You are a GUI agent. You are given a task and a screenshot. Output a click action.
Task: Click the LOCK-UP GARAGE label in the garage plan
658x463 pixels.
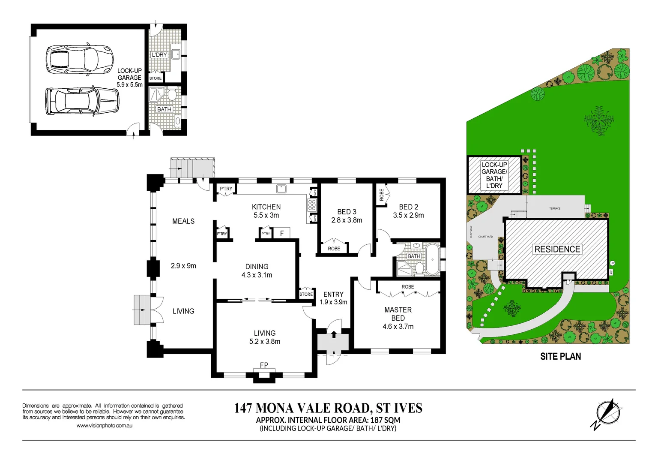[129, 74]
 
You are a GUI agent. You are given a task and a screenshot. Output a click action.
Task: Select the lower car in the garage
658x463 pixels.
[82, 101]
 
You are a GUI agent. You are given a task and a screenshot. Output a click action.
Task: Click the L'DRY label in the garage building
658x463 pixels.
[159, 55]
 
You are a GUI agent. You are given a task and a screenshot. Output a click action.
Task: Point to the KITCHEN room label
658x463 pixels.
[266, 207]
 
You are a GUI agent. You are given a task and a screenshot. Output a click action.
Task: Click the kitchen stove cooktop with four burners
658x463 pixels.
[311, 205]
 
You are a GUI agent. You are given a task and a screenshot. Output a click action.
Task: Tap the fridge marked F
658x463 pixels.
[282, 234]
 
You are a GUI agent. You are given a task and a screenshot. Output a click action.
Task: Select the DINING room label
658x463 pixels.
[257, 267]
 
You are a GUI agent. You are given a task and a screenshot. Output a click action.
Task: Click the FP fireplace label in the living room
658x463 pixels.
[264, 365]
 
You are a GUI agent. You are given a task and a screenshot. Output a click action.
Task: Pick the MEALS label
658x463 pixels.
[183, 221]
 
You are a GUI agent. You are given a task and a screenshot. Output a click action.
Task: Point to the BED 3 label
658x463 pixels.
[347, 212]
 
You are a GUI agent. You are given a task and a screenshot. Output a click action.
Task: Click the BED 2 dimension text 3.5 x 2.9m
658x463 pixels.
[408, 216]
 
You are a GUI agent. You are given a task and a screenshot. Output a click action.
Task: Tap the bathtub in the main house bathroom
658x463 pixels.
[432, 259]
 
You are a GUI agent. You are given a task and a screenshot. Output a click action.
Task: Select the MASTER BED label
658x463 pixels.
[398, 314]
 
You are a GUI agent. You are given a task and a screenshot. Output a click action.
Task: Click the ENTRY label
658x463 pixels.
[333, 295]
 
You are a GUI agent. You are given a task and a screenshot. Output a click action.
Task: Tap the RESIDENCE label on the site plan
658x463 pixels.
[557, 249]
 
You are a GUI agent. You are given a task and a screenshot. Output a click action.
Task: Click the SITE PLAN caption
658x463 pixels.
[560, 357]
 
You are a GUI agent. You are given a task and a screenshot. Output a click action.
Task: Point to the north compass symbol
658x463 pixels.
[607, 413]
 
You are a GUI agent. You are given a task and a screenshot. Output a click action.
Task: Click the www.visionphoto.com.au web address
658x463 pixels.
[105, 426]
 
